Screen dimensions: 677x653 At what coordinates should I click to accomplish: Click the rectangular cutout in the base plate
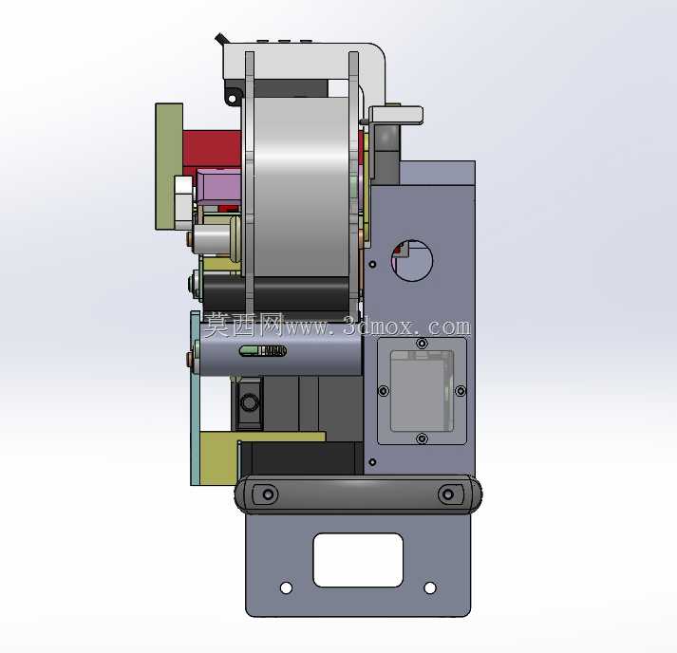(x=358, y=560)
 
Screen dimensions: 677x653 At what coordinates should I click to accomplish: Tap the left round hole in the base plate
(x=286, y=588)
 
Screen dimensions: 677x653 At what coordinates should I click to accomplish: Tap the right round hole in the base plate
(x=430, y=588)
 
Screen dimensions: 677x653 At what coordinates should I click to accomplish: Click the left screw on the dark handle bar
(x=268, y=494)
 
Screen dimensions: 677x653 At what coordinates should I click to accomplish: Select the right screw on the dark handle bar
(x=448, y=494)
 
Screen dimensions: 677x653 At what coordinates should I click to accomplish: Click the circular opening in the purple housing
(x=412, y=261)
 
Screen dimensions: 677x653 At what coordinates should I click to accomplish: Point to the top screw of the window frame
(x=422, y=344)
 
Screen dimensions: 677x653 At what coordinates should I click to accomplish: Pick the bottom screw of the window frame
(x=422, y=438)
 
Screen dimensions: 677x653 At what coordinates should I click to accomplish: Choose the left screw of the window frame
(x=384, y=391)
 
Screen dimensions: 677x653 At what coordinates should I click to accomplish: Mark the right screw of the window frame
(x=461, y=391)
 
